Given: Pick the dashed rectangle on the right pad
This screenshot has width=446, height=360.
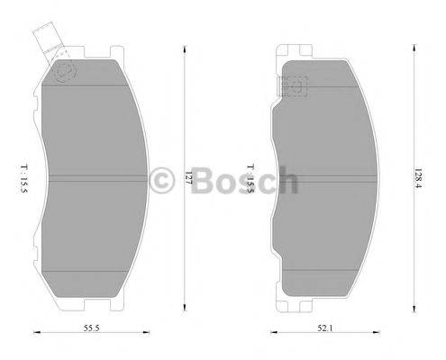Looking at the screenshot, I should [x=295, y=85].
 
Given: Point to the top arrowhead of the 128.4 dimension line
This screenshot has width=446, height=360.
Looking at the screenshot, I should [x=414, y=42].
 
